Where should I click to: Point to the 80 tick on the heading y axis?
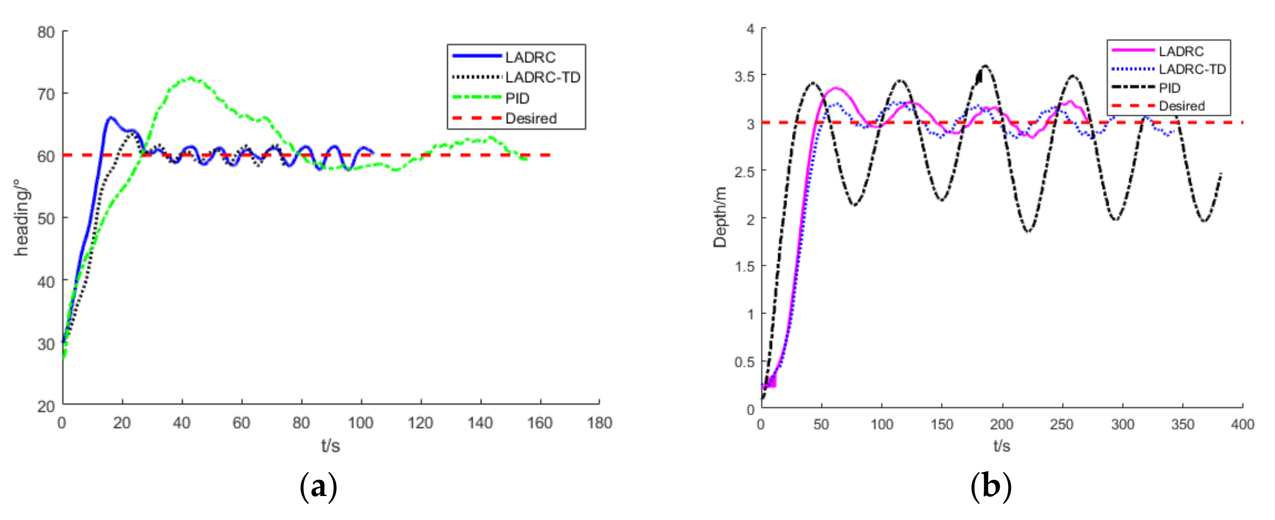tap(46, 32)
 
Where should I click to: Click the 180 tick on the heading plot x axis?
tap(599, 423)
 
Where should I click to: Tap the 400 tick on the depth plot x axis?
tap(1242, 424)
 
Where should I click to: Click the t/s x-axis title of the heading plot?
tap(330, 446)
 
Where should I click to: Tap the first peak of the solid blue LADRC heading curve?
tap(111, 117)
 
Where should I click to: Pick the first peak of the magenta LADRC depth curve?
tap(836, 88)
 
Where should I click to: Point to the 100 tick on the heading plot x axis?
tap(360, 423)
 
